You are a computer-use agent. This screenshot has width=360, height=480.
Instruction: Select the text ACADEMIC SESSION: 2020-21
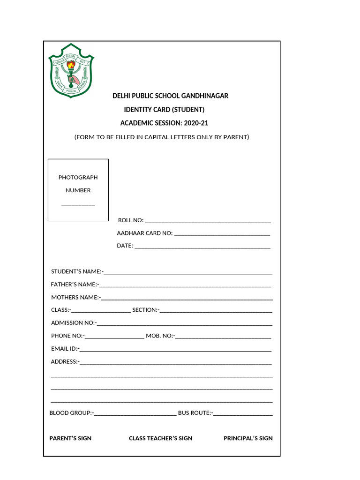click(164, 123)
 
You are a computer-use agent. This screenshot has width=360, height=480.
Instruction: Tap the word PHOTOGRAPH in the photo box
click(78, 177)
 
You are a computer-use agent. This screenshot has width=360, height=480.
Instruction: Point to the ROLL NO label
click(131, 220)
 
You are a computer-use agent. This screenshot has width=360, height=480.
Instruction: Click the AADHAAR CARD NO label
click(145, 233)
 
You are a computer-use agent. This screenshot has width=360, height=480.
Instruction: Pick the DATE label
click(125, 246)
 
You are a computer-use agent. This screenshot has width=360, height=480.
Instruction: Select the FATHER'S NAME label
click(74, 284)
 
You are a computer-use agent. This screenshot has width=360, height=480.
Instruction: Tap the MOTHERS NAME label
click(75, 297)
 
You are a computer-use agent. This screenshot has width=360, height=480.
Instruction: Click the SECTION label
click(146, 310)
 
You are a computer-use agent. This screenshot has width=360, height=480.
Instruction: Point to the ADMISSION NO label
click(73, 322)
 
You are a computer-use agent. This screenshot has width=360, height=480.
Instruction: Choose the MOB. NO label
click(160, 336)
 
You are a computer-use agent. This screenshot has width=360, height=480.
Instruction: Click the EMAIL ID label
click(65, 348)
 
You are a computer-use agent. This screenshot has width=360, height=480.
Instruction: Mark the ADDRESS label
click(65, 361)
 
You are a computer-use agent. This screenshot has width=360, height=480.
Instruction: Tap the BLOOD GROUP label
click(71, 412)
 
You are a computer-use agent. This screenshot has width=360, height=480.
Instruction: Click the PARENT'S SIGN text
click(70, 438)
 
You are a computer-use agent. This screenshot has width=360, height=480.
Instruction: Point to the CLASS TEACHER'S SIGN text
click(160, 438)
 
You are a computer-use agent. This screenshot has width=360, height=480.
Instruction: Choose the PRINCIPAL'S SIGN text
click(248, 438)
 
